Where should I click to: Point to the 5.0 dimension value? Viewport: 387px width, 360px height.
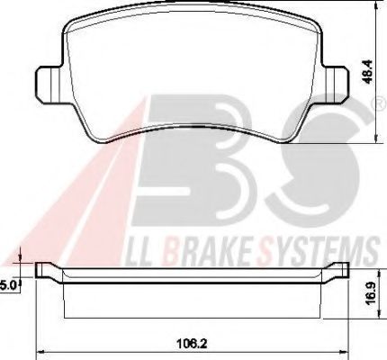click(8, 285)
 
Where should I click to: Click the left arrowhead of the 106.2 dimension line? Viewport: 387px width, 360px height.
click(38, 350)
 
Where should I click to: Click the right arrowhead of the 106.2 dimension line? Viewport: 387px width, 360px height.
click(347, 350)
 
